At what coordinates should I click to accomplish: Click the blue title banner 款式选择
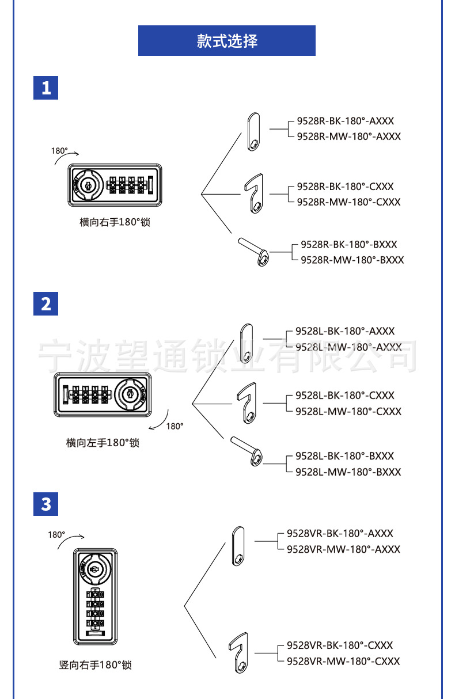[x=226, y=40]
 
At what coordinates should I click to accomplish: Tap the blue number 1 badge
[x=46, y=88]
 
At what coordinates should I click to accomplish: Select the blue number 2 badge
[x=46, y=303]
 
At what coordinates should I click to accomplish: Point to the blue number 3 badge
[x=46, y=504]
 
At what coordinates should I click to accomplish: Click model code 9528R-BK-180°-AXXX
[x=345, y=121]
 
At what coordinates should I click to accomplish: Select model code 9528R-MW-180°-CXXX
[x=348, y=202]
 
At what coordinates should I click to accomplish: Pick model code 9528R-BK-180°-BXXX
[x=349, y=245]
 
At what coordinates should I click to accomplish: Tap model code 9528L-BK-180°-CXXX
[x=345, y=396]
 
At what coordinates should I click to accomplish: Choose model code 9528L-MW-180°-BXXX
[x=348, y=472]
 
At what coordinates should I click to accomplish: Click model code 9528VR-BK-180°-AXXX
[x=340, y=534]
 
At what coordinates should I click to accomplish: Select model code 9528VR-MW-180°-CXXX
[x=343, y=661]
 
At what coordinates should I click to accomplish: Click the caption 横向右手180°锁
[x=115, y=222]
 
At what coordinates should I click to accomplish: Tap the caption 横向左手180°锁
[x=103, y=443]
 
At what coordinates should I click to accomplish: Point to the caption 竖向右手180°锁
[x=96, y=665]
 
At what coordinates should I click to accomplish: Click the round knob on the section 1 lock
[x=88, y=185]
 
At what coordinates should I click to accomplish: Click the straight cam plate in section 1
[x=253, y=132]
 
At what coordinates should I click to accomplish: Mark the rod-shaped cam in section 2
[x=247, y=451]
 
